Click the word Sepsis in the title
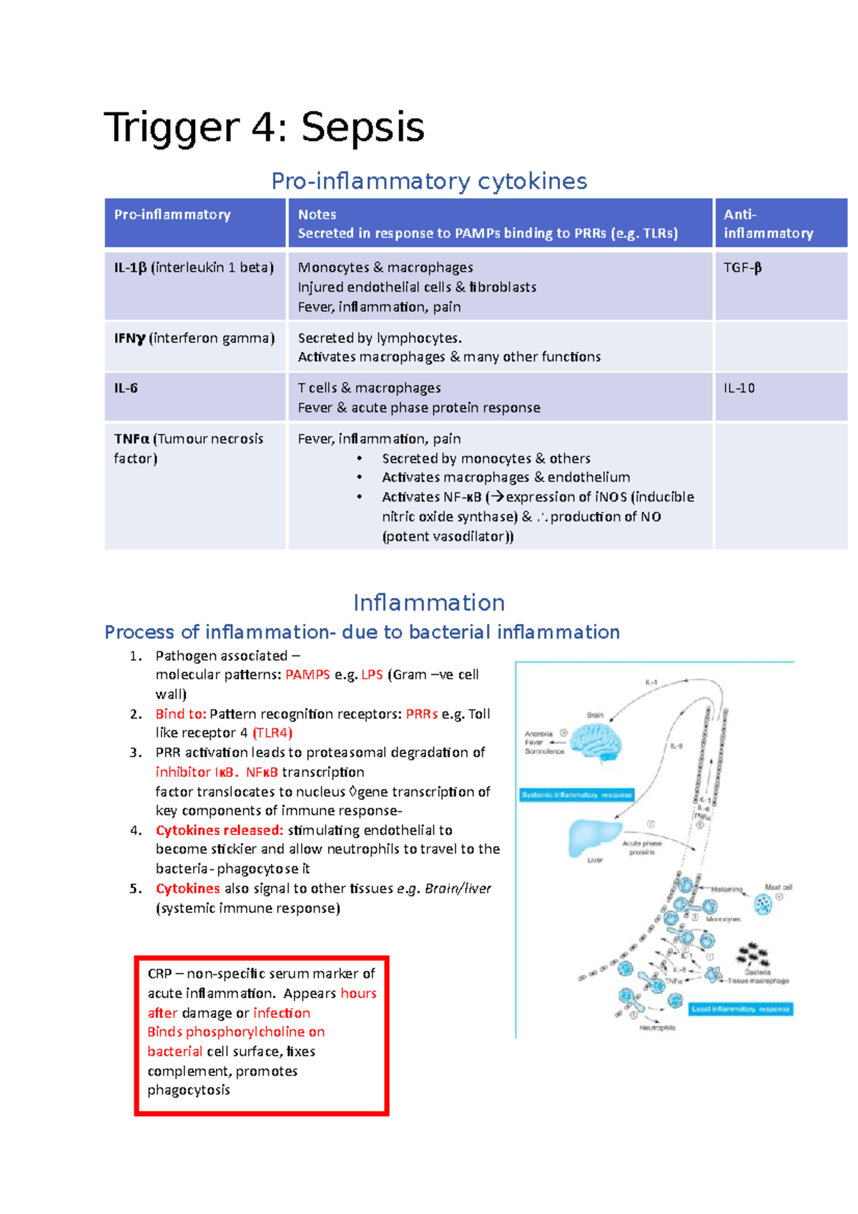click(363, 128)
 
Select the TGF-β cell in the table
click(742, 268)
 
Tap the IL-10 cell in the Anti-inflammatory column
click(739, 388)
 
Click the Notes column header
click(317, 214)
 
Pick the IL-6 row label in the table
click(126, 388)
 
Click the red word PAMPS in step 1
click(307, 675)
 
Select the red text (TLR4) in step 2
click(272, 733)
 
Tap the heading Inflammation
click(429, 603)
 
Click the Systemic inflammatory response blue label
click(576, 794)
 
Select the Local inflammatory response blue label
click(741, 1009)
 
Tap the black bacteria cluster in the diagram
click(753, 954)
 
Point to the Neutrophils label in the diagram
click(656, 1027)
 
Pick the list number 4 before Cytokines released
click(136, 831)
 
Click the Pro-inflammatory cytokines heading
click(429, 182)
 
